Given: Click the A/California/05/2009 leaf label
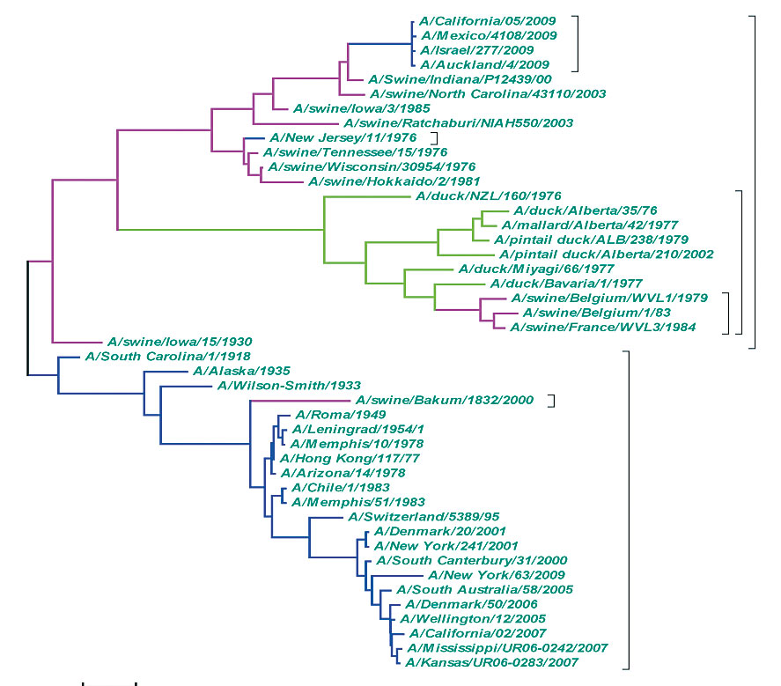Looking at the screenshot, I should click(x=481, y=21).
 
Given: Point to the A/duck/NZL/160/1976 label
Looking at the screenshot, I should click(x=487, y=196).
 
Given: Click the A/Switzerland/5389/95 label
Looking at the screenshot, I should click(x=416, y=517).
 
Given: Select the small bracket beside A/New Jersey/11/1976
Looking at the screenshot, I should click(x=434, y=138).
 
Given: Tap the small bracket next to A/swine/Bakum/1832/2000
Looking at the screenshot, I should click(x=552, y=401).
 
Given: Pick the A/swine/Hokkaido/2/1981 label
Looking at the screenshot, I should click(x=376, y=181).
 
